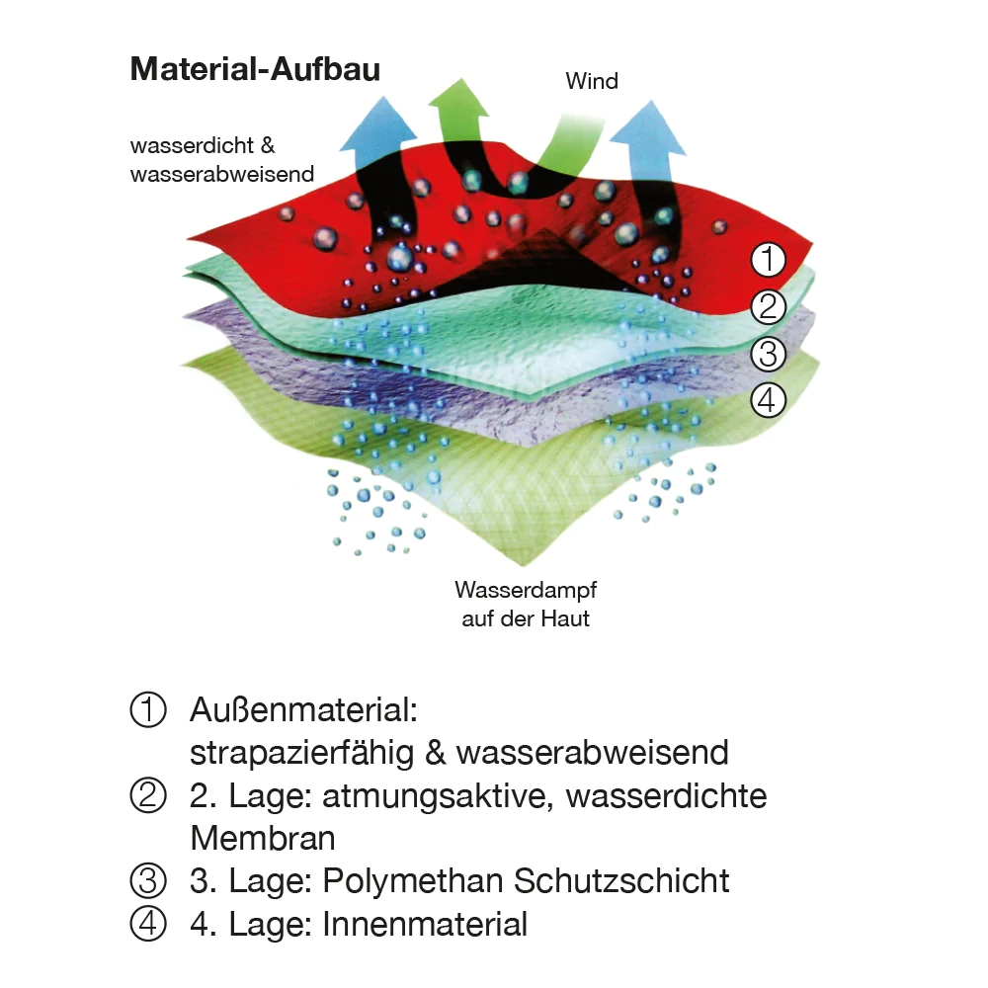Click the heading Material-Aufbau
[x=255, y=70]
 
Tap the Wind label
[x=592, y=81]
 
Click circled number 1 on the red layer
[x=768, y=261]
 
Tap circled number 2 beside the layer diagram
[x=768, y=308]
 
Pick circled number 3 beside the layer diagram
[x=768, y=353]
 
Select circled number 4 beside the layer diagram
[x=768, y=400]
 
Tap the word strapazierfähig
[x=301, y=753]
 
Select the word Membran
[x=263, y=838]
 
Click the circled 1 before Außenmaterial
[x=148, y=710]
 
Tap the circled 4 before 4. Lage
[x=148, y=924]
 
